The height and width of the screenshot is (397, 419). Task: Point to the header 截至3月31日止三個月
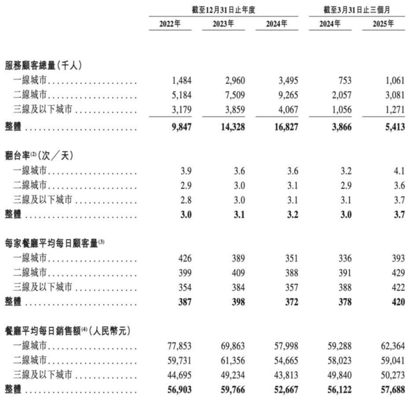pyautogui.click(x=357, y=8)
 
